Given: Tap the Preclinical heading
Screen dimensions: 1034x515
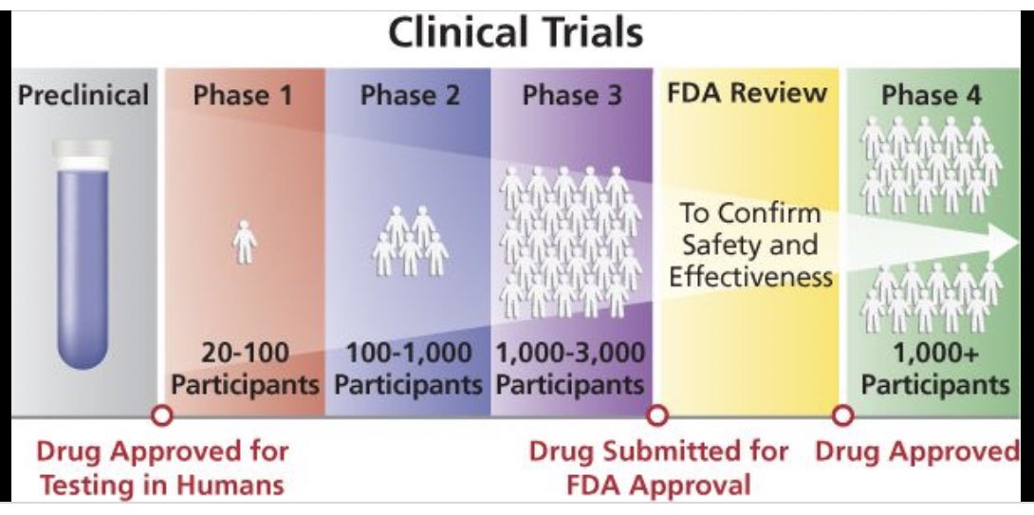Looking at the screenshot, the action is tap(83, 96).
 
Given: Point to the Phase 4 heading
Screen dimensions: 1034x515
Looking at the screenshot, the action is tap(931, 96).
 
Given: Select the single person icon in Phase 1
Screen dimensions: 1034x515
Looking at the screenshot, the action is tap(245, 242).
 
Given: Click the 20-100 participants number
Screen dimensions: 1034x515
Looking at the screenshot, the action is tap(245, 355).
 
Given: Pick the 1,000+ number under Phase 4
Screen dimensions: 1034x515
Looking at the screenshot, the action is tap(934, 355).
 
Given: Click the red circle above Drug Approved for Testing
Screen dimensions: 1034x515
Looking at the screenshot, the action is tap(162, 414).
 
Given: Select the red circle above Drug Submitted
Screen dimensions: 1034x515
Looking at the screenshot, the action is tap(656, 414).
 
